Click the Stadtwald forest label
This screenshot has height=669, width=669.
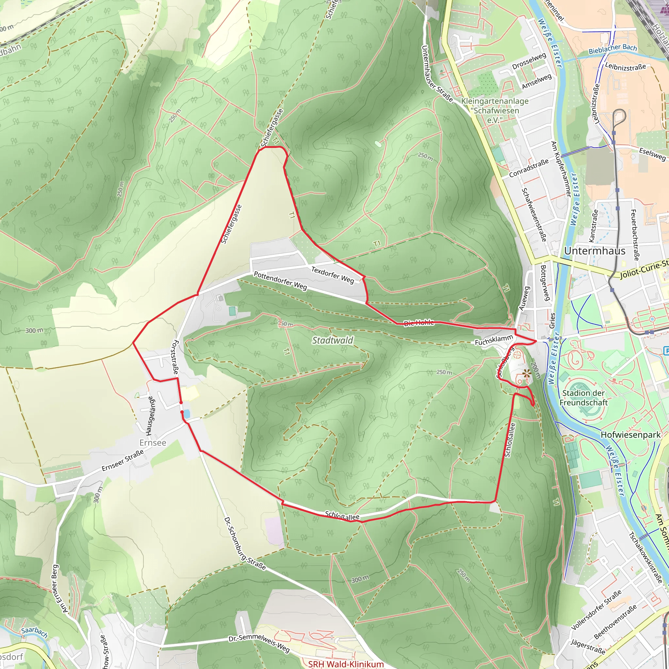333,340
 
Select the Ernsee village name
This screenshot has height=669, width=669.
153,443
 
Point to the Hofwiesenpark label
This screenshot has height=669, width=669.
630,434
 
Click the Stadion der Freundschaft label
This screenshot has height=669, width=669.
583,398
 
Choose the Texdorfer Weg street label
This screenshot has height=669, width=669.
333,275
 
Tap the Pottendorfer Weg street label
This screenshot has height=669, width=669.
280,281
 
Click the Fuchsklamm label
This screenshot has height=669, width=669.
494,340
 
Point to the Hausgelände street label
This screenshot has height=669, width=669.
150,416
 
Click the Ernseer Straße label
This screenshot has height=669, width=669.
122,461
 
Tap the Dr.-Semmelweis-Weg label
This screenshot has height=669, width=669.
259,644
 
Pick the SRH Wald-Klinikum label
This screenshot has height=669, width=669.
346,664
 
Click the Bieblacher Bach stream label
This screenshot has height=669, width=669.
612,49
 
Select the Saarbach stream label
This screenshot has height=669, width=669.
34,632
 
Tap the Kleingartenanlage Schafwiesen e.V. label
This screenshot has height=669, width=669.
495,110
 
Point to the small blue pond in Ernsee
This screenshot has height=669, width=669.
187,413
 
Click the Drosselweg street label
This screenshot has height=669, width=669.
529,61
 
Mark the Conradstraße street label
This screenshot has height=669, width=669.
529,168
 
